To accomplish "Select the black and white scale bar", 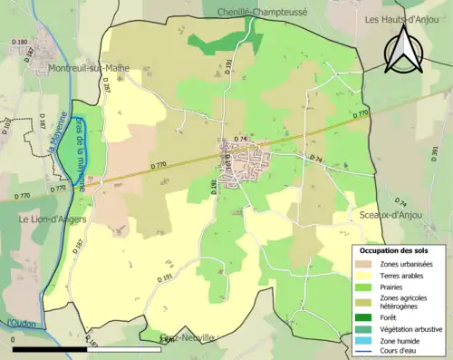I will pos(82,347).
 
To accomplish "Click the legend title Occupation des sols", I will pos(395,249).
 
